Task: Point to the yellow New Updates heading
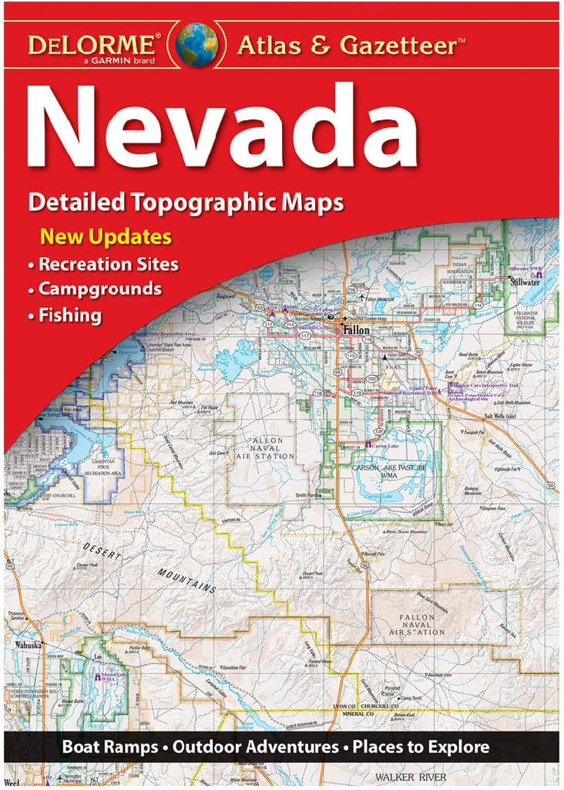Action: point(106,236)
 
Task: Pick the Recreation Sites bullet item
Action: point(108,264)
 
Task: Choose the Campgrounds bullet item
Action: point(100,289)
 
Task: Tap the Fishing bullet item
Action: point(70,315)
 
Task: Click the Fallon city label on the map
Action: point(356,329)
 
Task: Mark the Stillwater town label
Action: point(524,282)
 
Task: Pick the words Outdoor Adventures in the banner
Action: point(256,747)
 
